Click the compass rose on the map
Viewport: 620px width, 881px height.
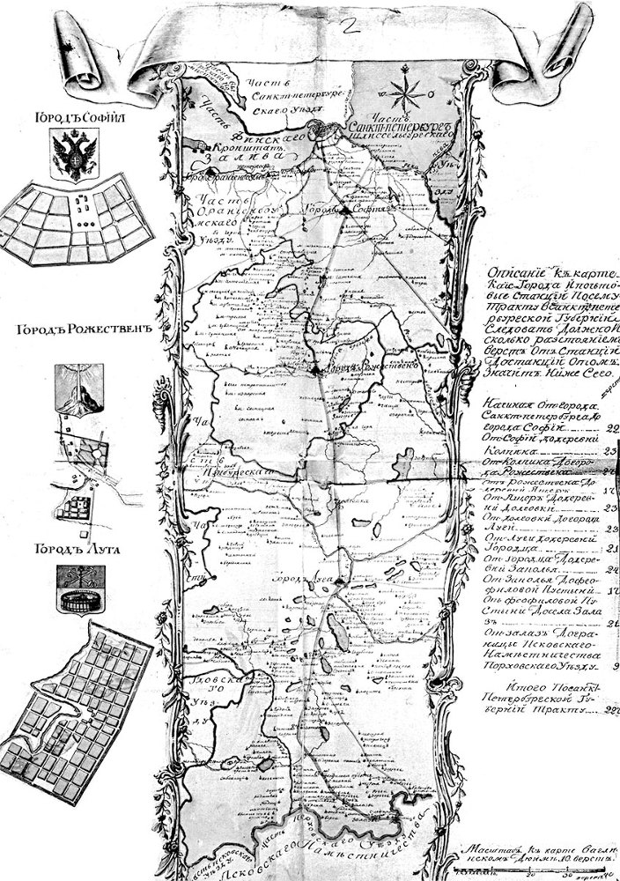point(407,91)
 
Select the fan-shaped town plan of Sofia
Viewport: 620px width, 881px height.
point(75,220)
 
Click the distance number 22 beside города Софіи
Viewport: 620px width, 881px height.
point(611,429)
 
